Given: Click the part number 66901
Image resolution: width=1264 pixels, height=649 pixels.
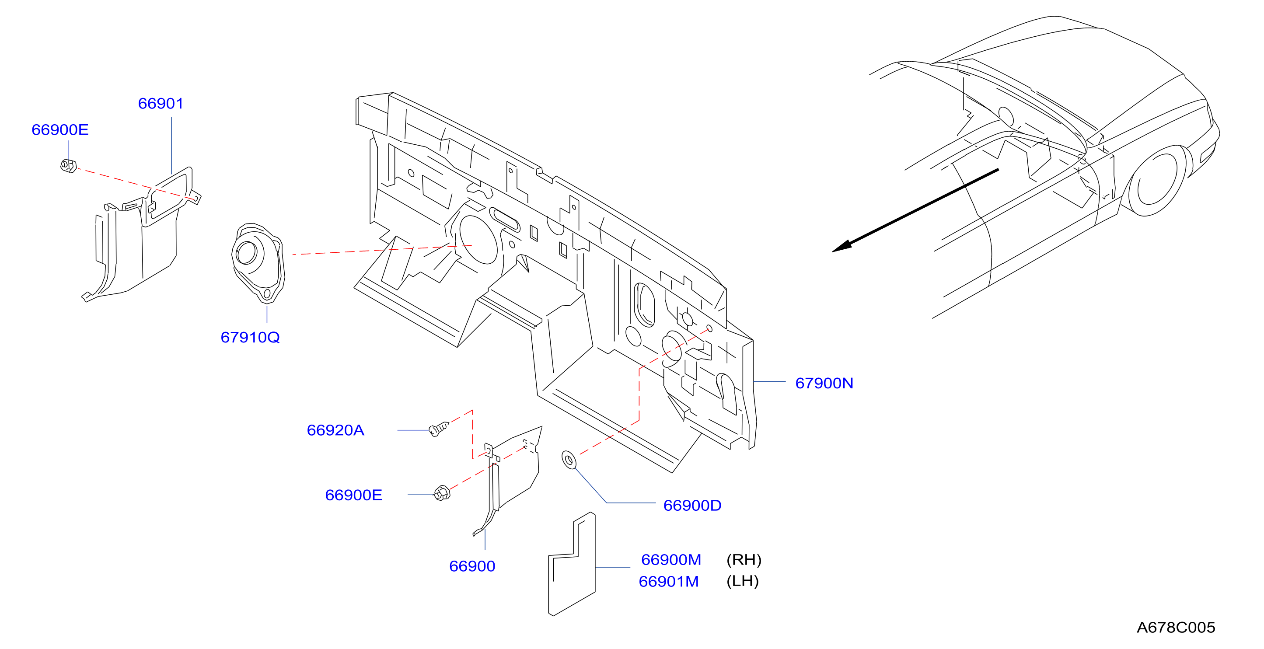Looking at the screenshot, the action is click(161, 104).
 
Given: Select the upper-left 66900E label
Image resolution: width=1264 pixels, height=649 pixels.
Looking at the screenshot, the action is click(60, 129).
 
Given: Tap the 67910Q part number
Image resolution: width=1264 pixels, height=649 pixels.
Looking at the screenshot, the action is click(250, 338).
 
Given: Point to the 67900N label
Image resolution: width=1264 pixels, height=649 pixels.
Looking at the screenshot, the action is click(824, 383).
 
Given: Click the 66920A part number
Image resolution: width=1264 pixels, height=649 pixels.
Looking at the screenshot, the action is click(335, 430).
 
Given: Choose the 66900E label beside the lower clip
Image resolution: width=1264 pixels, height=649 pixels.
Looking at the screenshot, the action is click(353, 495).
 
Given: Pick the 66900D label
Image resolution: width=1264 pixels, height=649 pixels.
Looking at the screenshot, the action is click(692, 505).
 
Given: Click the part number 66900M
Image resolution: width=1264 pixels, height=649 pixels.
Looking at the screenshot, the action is click(671, 560).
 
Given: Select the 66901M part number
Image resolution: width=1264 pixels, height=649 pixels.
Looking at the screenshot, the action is click(668, 581).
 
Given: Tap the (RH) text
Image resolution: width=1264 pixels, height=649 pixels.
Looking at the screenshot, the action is click(744, 560).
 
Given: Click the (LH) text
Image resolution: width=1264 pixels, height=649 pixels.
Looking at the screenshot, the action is click(742, 581).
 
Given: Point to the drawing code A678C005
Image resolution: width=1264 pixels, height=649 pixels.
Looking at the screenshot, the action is click(1176, 628).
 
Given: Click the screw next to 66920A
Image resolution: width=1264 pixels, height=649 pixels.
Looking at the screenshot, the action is click(439, 429).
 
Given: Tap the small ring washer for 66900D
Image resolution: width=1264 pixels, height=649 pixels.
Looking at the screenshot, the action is click(569, 460).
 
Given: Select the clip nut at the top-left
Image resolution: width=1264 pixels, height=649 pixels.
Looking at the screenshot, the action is click(68, 166).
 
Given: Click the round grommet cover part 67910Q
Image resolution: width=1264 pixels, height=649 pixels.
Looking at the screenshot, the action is click(258, 263).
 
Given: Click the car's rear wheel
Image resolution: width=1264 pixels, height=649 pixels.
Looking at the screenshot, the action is click(1159, 181).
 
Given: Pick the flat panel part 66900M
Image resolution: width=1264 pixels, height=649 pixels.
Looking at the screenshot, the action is click(572, 564).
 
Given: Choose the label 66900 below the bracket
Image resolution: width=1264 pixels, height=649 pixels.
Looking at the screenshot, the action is click(472, 566).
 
